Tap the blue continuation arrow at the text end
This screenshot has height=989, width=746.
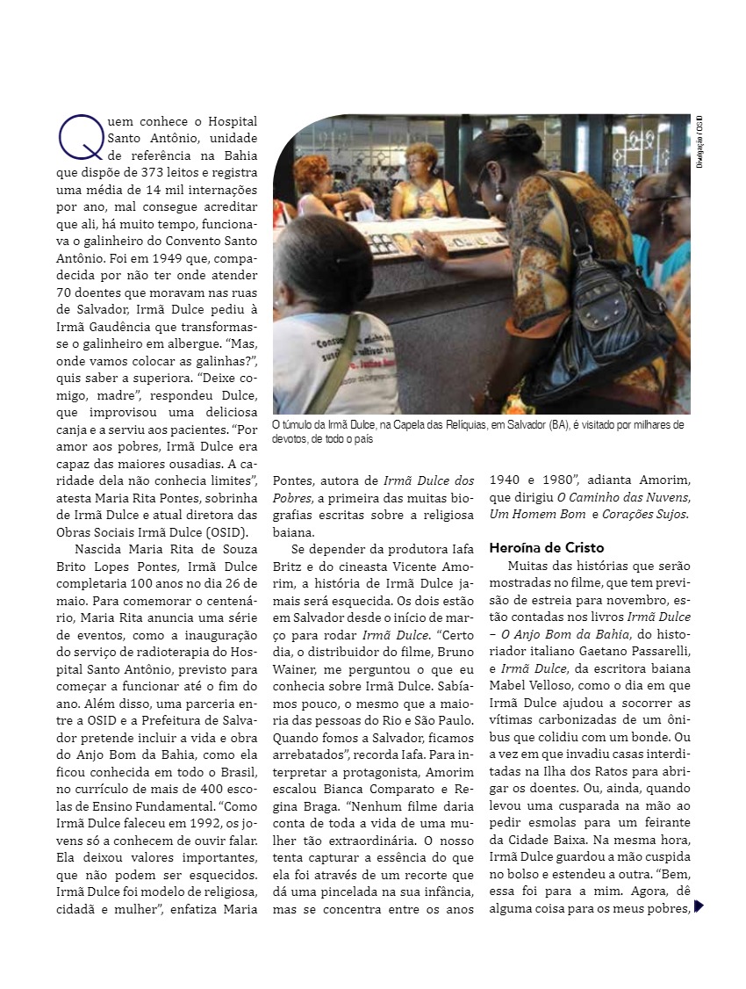[699, 906]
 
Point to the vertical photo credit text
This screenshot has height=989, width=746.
[700, 141]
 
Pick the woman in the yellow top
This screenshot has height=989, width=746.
[423, 184]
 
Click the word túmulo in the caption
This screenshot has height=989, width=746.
[299, 425]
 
